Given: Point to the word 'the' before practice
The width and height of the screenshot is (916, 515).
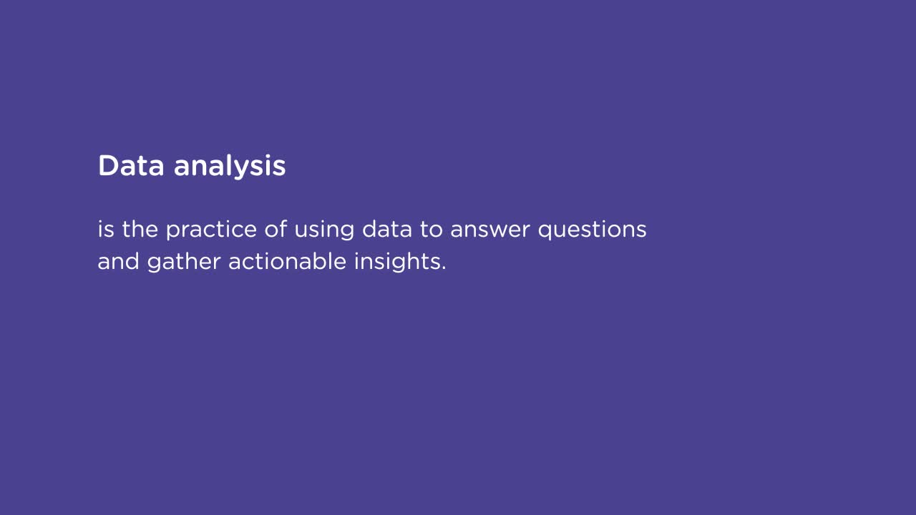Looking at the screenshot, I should [x=140, y=230].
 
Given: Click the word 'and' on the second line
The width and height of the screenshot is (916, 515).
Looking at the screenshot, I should [x=118, y=262].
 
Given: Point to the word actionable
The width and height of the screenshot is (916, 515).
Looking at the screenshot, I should [x=288, y=262].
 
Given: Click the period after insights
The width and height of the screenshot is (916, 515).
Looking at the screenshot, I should [x=444, y=269].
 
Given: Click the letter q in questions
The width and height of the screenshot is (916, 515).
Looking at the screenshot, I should [x=546, y=232].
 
